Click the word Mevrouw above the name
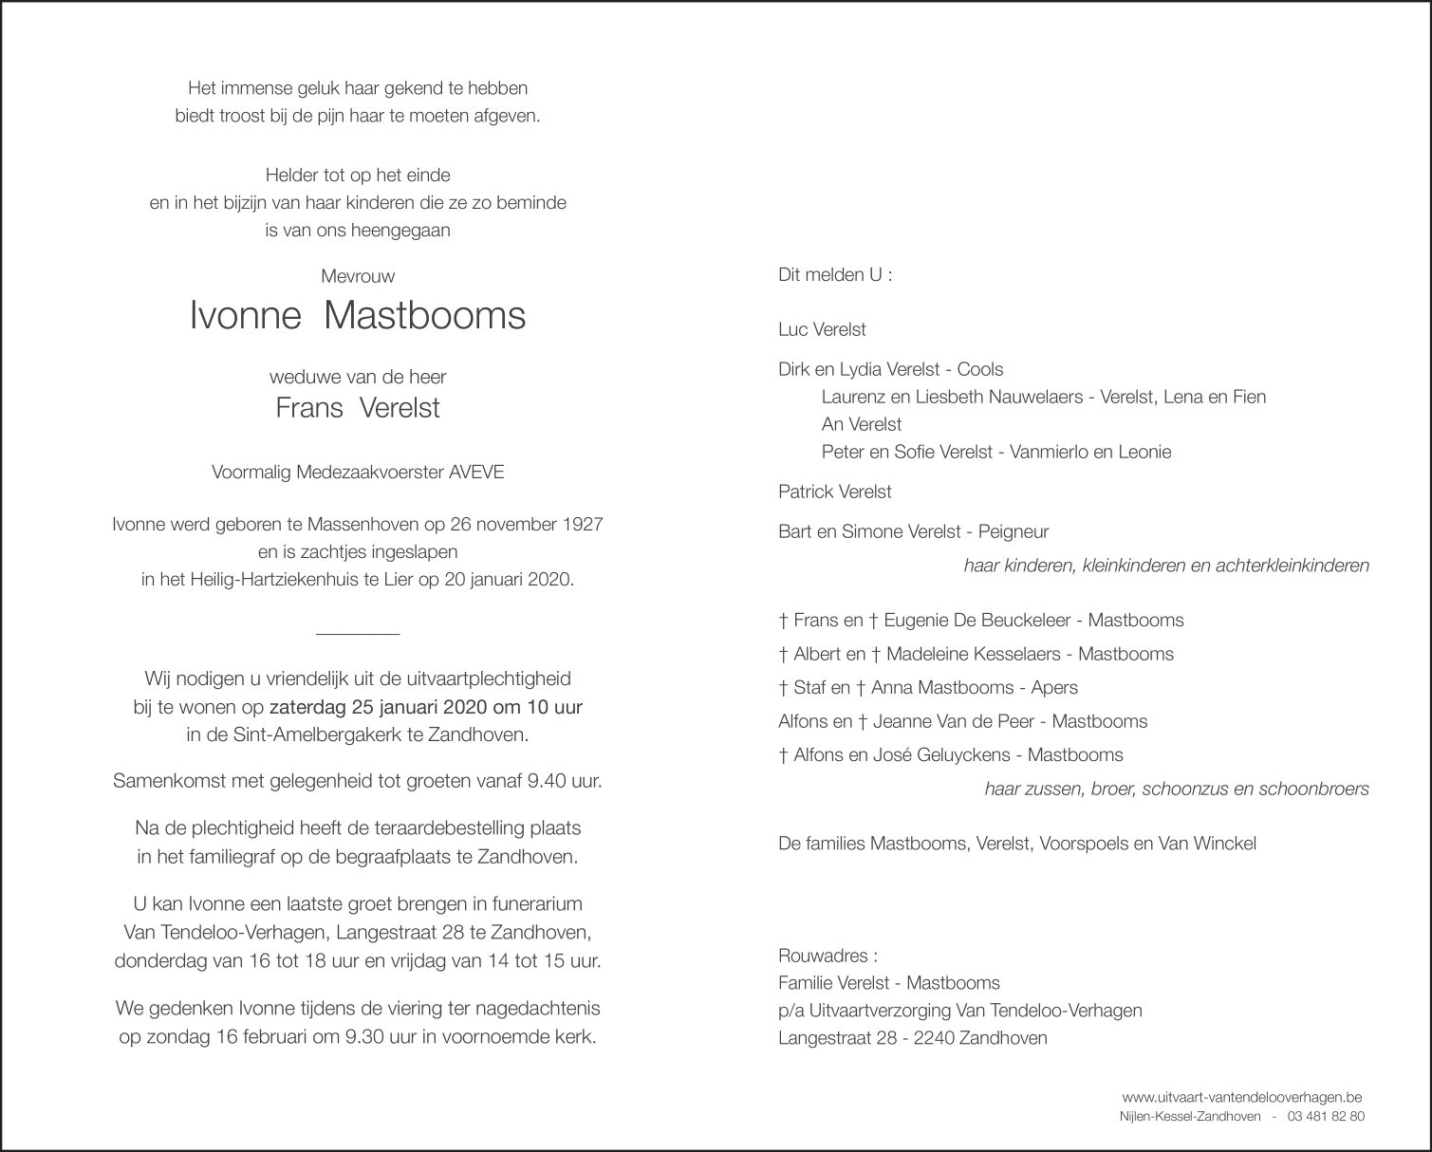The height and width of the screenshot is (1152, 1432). (x=358, y=276)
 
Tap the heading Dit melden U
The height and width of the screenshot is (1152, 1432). (x=835, y=275)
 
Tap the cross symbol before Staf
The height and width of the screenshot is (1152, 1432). (x=783, y=688)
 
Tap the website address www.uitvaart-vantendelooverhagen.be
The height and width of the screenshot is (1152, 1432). (x=1242, y=1096)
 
